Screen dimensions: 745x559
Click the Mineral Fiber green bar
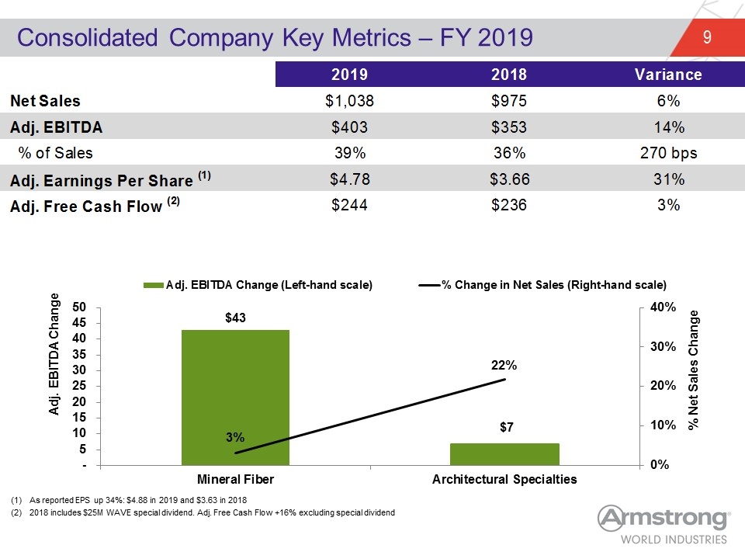235,398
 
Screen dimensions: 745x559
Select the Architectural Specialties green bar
504,454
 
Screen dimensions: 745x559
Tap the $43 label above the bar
235,318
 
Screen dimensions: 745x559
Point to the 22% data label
504,365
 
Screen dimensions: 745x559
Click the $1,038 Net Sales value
349,101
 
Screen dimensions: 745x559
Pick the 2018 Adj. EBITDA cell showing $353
509,127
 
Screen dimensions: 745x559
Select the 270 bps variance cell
668,153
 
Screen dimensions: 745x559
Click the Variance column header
668,75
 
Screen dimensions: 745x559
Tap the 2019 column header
349,75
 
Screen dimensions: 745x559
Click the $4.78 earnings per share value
350,179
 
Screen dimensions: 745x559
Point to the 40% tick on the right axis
663,307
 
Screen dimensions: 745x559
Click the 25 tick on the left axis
79,386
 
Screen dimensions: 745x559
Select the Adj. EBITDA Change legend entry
258,285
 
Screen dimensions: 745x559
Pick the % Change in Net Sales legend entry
542,285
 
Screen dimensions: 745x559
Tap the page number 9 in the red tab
707,37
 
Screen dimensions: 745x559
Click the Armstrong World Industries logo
664,525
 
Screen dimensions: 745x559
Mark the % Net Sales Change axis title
694,370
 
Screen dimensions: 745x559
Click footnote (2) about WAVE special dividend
203,512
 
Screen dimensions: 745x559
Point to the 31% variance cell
668,179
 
